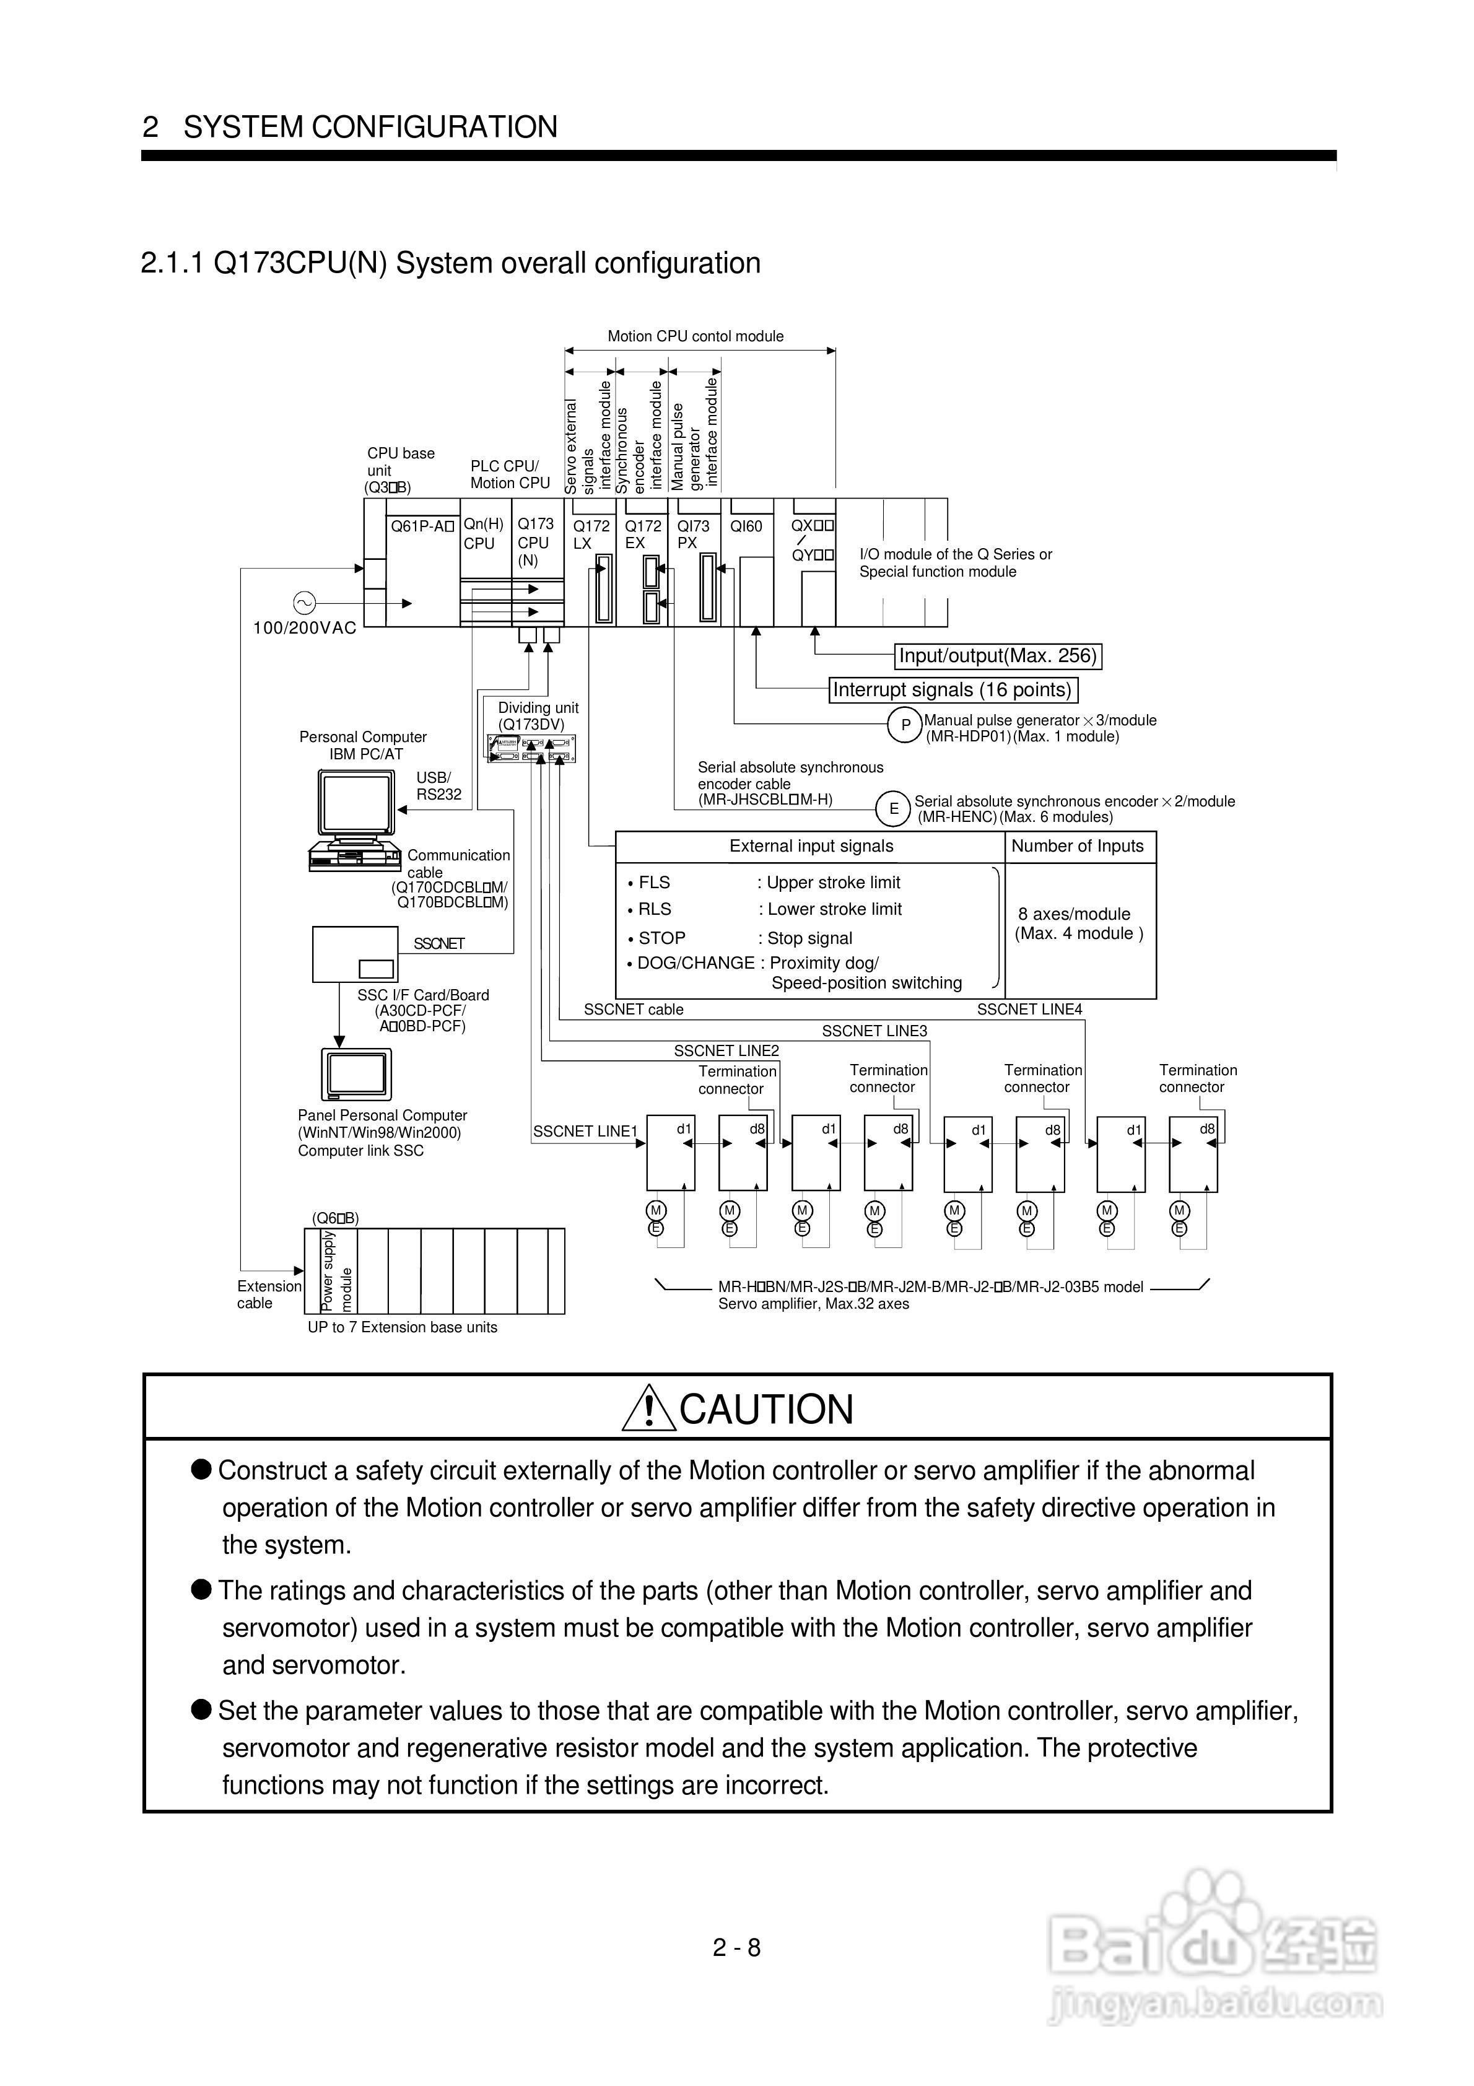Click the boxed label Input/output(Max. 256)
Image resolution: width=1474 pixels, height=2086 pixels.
coord(998,656)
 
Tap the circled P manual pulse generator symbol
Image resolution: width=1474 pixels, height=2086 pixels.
coord(905,726)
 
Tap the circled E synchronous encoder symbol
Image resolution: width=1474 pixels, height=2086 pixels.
coord(893,808)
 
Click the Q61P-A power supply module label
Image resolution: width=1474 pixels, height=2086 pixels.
coord(422,526)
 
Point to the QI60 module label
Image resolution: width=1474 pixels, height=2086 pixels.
coord(746,526)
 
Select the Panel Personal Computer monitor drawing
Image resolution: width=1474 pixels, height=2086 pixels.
coord(356,1074)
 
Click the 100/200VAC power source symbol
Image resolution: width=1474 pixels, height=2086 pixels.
coord(303,603)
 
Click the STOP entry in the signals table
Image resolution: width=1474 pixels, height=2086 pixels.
coord(661,938)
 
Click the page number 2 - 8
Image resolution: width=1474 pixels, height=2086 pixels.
coord(736,1947)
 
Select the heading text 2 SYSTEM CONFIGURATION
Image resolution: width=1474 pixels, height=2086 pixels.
coord(350,126)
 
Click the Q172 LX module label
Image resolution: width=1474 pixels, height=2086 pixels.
coord(591,535)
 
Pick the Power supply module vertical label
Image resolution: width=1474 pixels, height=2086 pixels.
coord(336,1271)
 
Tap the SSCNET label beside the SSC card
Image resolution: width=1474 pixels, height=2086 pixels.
coord(439,944)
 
